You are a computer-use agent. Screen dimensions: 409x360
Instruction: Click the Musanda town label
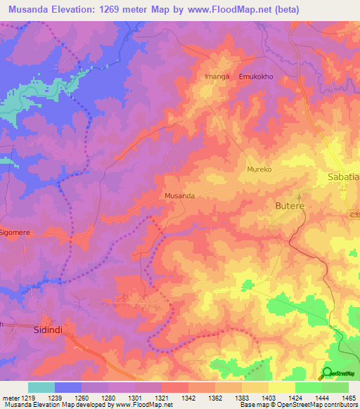point(179,196)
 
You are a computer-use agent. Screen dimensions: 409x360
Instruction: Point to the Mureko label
point(259,170)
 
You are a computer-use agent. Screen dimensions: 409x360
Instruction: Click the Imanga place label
point(217,76)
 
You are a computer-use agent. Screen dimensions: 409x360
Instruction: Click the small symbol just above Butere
point(297,197)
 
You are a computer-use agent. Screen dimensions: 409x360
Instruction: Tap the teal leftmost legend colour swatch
point(41,387)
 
